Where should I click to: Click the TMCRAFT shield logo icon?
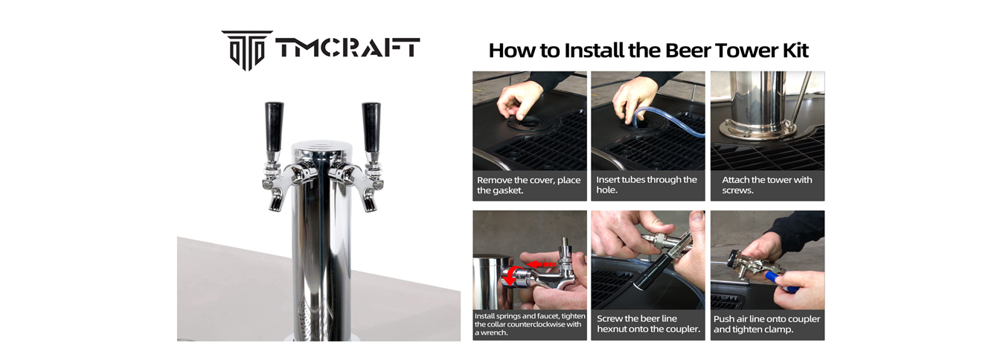pos(247,50)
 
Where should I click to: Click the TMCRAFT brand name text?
pos(347,48)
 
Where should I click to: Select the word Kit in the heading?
pos(795,50)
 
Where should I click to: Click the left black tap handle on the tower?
pos(274,126)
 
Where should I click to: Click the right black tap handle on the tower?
pos(371,126)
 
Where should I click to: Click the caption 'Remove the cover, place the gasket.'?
pos(528,185)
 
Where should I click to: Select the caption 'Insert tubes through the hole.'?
pos(646,184)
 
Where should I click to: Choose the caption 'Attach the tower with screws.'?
pos(766,184)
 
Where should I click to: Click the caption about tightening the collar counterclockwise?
pos(530,324)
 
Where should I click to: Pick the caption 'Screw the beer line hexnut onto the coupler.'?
pos(648,324)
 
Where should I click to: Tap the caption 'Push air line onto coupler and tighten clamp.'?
pos(766,324)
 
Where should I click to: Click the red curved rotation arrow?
pos(511,275)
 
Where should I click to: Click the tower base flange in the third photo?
pos(757,128)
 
